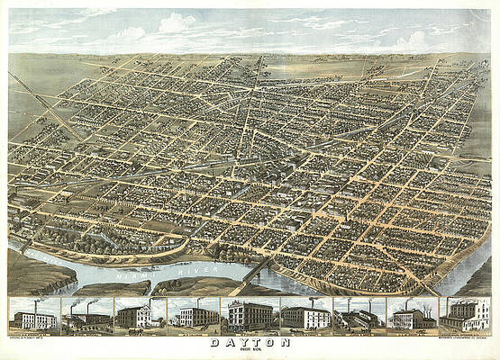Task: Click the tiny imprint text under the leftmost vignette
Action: coord(33,335)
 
